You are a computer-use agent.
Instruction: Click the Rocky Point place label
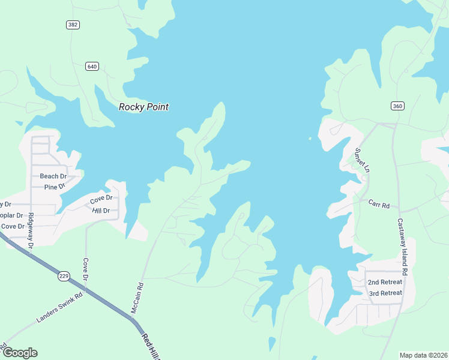pyautogui.click(x=143, y=107)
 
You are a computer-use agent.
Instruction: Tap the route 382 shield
pyautogui.click(x=73, y=25)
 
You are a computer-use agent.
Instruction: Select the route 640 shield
pyautogui.click(x=92, y=66)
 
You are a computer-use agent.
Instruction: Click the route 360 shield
pyautogui.click(x=397, y=106)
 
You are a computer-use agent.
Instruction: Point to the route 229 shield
pyautogui.click(x=64, y=276)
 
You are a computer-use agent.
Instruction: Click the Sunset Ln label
pyautogui.click(x=361, y=159)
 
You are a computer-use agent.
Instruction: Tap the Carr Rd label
pyautogui.click(x=379, y=205)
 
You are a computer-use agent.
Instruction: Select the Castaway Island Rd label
pyautogui.click(x=403, y=247)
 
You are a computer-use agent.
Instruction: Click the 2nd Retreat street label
pyautogui.click(x=384, y=282)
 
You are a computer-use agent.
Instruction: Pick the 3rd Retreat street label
pyautogui.click(x=385, y=293)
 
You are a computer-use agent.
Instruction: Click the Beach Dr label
pyautogui.click(x=53, y=176)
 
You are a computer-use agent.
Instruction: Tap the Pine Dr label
pyautogui.click(x=55, y=187)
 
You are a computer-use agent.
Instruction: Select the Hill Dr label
pyautogui.click(x=101, y=211)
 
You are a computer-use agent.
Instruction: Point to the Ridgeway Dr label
pyautogui.click(x=31, y=229)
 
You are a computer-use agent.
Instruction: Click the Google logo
pyautogui.click(x=19, y=353)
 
